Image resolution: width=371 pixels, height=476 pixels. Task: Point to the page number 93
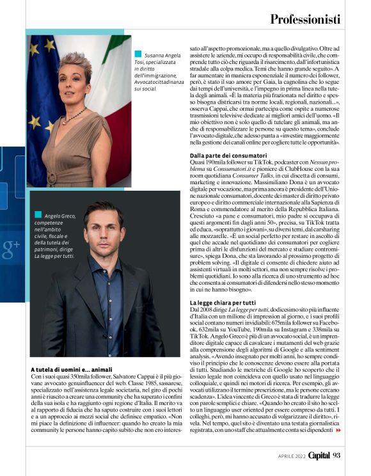tap(336, 456)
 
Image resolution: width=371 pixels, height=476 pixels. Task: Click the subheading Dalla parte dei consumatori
tap(228, 155)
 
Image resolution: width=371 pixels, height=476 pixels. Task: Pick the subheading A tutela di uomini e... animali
tap(72, 369)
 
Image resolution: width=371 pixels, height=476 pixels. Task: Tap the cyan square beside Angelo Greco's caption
tap(38, 215)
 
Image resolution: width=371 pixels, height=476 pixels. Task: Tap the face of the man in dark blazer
tap(104, 230)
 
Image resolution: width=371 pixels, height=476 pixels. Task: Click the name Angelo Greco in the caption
tap(58, 216)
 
